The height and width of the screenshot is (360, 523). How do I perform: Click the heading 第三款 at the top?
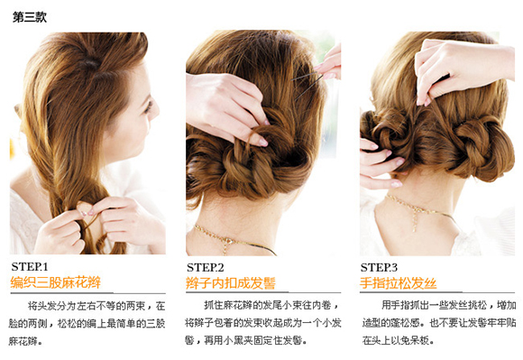(30, 16)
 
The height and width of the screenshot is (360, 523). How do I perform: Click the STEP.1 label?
(30, 267)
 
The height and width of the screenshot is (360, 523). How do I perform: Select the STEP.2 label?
(205, 268)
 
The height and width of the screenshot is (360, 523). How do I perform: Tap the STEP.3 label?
(379, 268)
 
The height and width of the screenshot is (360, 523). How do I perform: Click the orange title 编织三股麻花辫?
(55, 282)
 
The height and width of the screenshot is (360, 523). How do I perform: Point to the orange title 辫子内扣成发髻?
(231, 283)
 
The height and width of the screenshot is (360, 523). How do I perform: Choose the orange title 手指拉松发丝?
(398, 283)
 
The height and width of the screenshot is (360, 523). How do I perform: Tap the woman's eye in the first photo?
(148, 106)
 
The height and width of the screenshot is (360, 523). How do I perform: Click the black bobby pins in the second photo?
(307, 83)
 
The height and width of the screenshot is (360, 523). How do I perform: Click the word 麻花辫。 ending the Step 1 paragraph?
(25, 341)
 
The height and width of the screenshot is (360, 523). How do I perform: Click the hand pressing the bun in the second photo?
(227, 106)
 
